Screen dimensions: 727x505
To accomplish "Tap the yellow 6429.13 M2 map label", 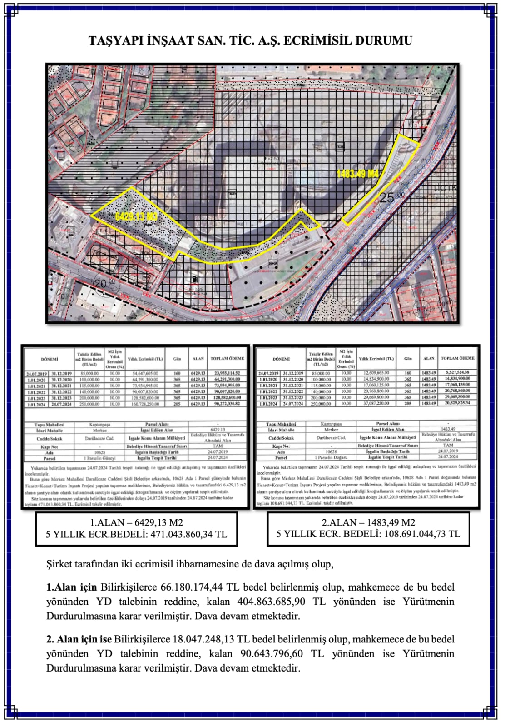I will click(x=136, y=217).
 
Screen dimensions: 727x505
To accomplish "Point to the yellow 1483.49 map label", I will click(x=358, y=174).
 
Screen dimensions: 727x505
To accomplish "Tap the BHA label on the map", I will click(x=273, y=263).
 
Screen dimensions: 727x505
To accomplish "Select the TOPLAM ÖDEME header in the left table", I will click(x=227, y=359).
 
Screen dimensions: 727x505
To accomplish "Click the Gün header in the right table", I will click(x=408, y=359).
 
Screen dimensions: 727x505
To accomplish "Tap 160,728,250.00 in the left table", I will click(x=144, y=404).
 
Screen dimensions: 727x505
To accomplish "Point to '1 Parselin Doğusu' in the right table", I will click(x=331, y=457).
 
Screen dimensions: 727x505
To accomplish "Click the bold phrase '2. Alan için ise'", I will click(x=79, y=639).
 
